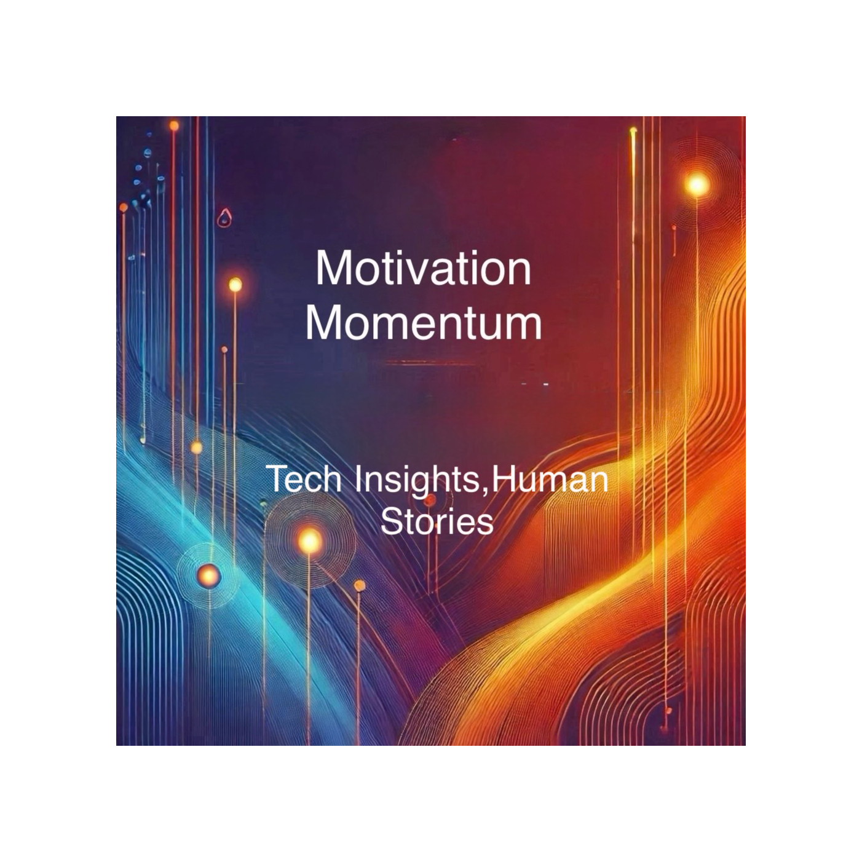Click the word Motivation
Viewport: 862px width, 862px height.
(423, 269)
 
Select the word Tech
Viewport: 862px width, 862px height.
(304, 478)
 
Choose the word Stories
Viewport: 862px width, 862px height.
(437, 521)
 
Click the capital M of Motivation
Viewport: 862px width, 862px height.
(333, 269)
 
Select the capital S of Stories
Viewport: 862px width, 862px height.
(390, 521)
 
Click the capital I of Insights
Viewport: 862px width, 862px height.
(358, 478)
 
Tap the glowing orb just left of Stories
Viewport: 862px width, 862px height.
(310, 541)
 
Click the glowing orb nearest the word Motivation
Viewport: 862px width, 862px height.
(235, 285)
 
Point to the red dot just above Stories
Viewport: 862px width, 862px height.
(429, 500)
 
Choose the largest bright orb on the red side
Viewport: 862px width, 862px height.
(697, 184)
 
